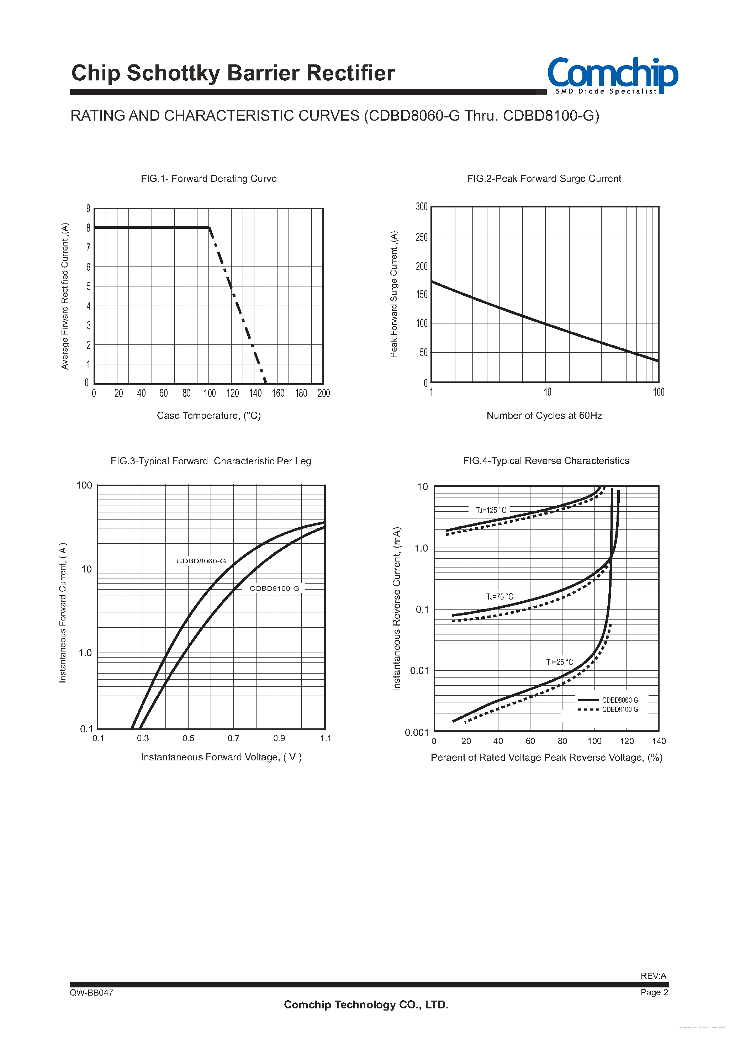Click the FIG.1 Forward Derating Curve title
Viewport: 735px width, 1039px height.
(208, 179)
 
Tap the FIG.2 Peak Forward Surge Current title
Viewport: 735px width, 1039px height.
(544, 179)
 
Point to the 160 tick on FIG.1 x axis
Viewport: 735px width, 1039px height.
(278, 393)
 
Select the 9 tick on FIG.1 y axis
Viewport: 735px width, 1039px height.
(89, 209)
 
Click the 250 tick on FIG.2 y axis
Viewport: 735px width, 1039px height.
(421, 237)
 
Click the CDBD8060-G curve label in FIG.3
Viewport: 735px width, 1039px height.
(201, 561)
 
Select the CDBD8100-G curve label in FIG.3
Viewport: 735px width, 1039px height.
(274, 588)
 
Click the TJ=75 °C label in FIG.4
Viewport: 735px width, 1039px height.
(499, 596)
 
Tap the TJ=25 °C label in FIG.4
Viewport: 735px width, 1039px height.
(559, 662)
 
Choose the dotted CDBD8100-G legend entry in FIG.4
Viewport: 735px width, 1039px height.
(608, 710)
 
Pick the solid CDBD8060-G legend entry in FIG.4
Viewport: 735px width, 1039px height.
(608, 700)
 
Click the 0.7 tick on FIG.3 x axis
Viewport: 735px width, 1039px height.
(233, 738)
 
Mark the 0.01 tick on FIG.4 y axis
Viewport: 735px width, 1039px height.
(419, 670)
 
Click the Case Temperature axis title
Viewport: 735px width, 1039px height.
(208, 415)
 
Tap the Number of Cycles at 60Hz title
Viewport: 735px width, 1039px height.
(544, 415)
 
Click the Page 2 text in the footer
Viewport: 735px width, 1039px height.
(654, 992)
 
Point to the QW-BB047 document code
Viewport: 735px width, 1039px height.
(91, 992)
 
